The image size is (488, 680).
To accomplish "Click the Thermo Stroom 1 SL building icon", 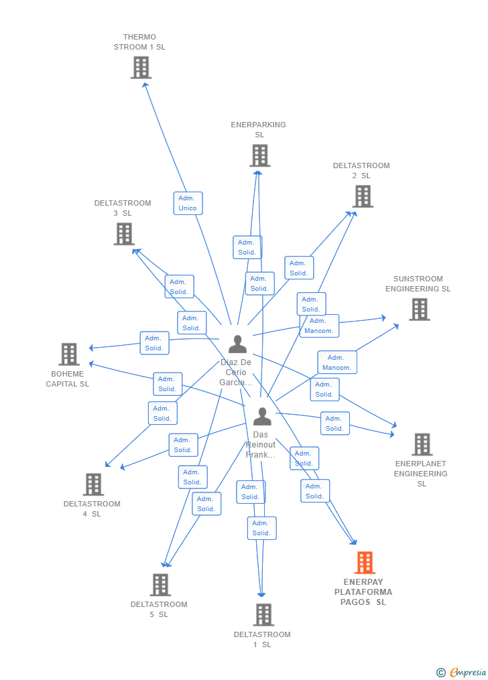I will [141, 68].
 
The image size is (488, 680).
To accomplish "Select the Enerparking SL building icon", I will [260, 155].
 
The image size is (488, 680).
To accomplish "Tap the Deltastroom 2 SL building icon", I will [363, 196].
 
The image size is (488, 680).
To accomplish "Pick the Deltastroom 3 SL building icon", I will [124, 234].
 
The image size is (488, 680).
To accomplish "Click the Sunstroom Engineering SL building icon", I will [420, 310].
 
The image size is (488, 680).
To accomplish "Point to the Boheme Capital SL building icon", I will [69, 354].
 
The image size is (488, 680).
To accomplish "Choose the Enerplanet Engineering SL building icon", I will [422, 444].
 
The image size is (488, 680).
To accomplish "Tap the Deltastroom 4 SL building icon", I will [93, 484].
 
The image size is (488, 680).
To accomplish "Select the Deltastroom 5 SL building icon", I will [160, 585].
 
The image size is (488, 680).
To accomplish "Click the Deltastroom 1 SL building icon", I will [263, 614].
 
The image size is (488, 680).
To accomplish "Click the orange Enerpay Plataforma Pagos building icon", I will [365, 563].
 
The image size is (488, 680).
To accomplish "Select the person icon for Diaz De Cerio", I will [237, 344].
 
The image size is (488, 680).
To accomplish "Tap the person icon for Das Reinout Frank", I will [262, 417].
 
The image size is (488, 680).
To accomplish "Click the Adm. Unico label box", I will [188, 203].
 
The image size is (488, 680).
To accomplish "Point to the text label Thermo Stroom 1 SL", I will [139, 42].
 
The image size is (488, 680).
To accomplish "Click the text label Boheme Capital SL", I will [68, 379].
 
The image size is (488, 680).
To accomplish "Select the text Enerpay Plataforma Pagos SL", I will [363, 592].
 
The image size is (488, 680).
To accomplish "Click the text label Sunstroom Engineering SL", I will [418, 284].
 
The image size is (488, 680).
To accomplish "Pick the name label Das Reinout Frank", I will [261, 445].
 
